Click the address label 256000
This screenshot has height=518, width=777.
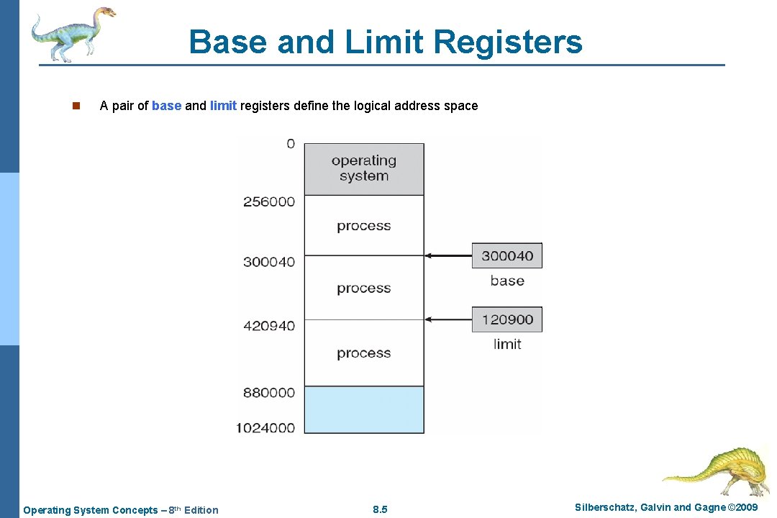coord(269,201)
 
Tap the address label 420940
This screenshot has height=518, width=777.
coord(269,326)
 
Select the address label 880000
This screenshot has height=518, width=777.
coord(269,393)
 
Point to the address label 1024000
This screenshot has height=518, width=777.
coord(265,428)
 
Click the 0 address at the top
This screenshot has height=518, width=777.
coord(290,144)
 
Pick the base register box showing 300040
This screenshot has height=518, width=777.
coord(507,255)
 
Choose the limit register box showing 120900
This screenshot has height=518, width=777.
coord(507,319)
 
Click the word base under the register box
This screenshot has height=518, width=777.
coord(507,281)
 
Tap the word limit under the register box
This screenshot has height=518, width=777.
coord(507,344)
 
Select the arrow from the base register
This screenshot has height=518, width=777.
coord(447,255)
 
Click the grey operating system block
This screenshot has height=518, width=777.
coord(364,169)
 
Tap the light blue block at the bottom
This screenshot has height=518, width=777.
coord(364,409)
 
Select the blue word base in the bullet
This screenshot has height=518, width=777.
coord(166,106)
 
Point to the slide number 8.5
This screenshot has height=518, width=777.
coord(381,510)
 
